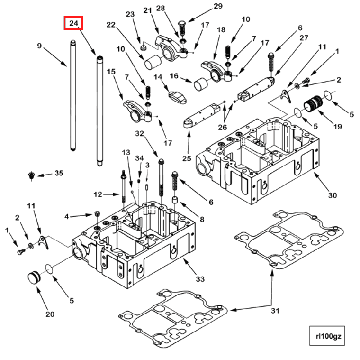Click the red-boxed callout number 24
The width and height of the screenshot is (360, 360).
tap(73, 23)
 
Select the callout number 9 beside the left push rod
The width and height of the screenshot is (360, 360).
tap(40, 46)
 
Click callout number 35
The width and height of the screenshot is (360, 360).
tap(58, 173)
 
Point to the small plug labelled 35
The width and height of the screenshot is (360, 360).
tap(32, 175)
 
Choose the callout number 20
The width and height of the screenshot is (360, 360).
tap(50, 314)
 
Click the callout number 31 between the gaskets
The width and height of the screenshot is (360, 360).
tap(275, 311)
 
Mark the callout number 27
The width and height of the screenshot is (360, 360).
tap(304, 38)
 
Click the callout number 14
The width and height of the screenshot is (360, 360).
tap(158, 77)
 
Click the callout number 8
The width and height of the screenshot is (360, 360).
tap(202, 219)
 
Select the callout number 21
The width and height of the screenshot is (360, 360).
tap(147, 10)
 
